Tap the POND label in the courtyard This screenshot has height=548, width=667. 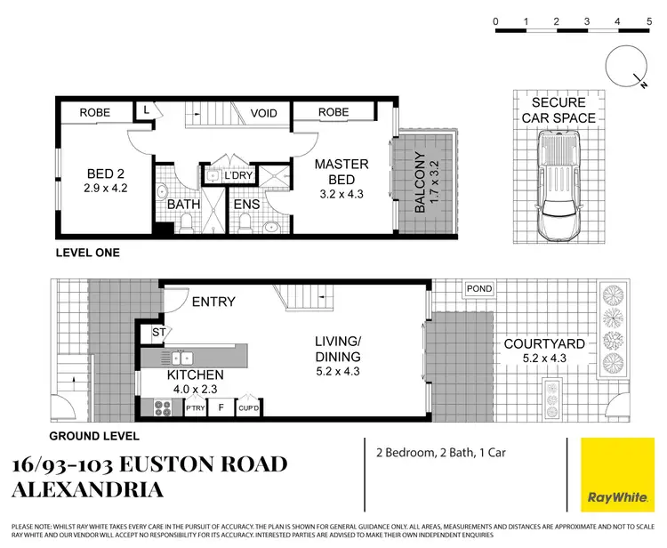click(478, 289)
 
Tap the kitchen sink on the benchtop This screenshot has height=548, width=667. click(183, 358)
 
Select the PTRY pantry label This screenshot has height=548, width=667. click(195, 408)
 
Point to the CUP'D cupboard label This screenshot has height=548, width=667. click(248, 408)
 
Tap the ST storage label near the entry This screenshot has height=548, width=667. click(159, 333)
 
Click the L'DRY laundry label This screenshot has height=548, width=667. click(238, 175)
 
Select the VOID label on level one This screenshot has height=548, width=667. click(263, 113)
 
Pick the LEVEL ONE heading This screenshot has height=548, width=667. click(87, 253)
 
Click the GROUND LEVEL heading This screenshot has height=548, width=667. click(93, 436)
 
